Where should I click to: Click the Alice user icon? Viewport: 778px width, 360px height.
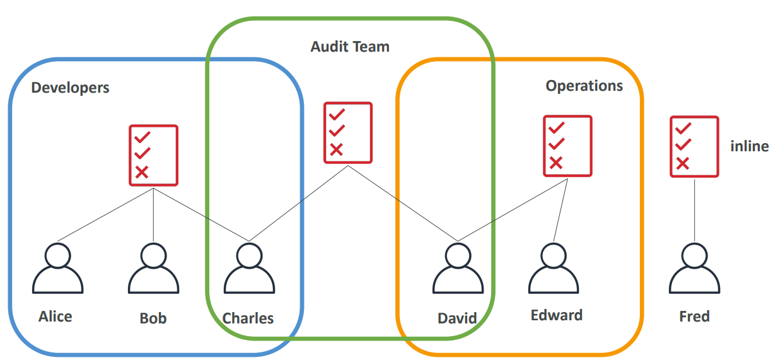click(58, 269)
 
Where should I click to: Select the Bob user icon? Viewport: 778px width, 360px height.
click(153, 269)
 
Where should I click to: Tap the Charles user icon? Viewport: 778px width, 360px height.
click(248, 269)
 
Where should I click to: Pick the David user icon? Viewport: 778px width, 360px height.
click(458, 269)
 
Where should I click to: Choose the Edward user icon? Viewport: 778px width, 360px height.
click(553, 269)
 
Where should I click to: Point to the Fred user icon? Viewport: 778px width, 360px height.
click(694, 269)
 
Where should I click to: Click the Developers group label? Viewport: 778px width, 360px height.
click(70, 88)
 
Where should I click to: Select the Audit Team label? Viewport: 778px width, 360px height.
click(350, 47)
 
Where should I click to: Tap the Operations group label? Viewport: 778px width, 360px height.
click(584, 86)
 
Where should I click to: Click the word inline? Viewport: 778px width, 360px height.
click(749, 146)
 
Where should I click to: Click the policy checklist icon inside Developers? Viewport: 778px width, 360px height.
click(154, 155)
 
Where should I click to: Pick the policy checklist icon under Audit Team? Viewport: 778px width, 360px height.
click(348, 132)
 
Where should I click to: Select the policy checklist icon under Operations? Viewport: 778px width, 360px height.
click(567, 146)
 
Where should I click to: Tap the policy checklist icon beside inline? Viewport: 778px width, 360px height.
click(694, 146)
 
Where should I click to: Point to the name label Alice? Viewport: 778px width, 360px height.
click(55, 316)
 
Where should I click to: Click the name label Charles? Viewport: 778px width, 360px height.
click(248, 318)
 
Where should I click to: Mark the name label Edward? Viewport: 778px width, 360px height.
click(556, 315)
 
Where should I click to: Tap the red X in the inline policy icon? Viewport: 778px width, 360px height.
click(682, 164)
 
